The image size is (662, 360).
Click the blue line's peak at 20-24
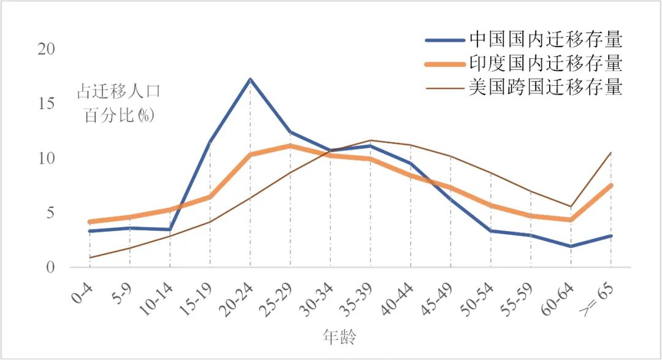click(x=250, y=79)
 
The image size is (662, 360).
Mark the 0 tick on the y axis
click(x=50, y=268)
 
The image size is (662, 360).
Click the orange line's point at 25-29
click(x=291, y=145)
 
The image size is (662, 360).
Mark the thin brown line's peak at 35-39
click(x=370, y=140)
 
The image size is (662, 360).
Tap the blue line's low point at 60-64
click(x=571, y=246)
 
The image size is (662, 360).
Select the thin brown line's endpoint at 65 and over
click(x=611, y=152)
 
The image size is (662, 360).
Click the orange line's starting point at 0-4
click(x=90, y=221)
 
